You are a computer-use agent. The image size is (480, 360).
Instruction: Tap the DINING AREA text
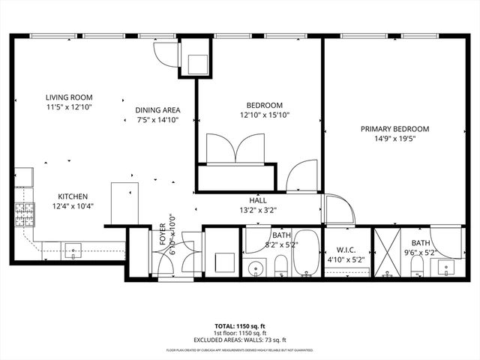coord(157,109)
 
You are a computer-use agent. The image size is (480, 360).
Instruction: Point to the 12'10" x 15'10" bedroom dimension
coord(264,115)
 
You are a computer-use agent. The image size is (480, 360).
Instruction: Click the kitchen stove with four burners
coord(24,214)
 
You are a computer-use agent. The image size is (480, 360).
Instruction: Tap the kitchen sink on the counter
coord(73,249)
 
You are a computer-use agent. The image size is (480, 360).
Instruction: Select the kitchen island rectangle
coord(125,203)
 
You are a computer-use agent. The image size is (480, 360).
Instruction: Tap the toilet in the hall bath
coord(280,264)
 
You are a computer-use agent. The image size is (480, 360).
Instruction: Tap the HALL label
coord(258,199)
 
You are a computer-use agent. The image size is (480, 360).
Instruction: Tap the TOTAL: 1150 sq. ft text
coord(240,326)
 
